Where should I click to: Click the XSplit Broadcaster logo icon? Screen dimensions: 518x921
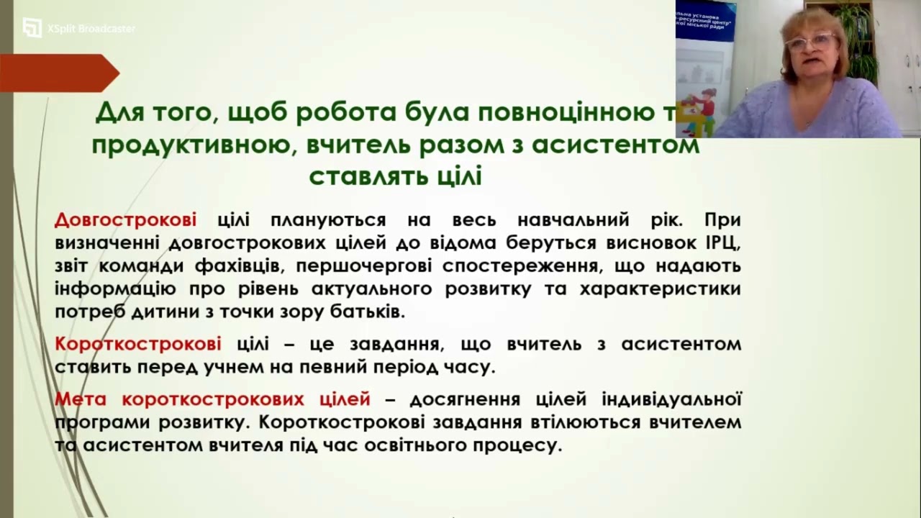tap(32, 28)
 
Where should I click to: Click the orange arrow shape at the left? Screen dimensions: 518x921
tap(58, 73)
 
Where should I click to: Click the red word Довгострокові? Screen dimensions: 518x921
tap(125, 220)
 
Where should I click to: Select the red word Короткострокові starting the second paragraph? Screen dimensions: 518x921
tap(137, 344)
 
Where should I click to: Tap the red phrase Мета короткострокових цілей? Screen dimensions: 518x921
tap(212, 399)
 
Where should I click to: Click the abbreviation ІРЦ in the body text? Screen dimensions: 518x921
tap(721, 243)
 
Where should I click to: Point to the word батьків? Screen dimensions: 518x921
tap(367, 312)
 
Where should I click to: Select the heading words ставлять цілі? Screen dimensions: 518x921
tap(395, 176)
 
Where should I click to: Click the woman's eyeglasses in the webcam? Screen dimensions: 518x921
tap(810, 42)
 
